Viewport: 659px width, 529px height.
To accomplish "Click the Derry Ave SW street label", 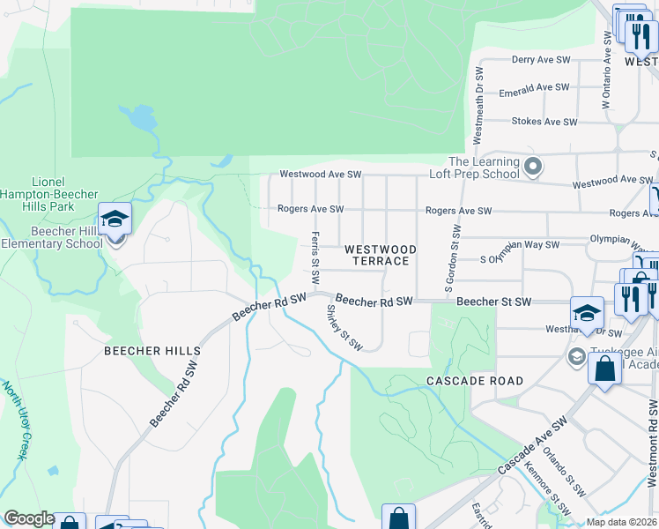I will tap(542, 61).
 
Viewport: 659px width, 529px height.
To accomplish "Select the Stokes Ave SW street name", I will tap(544, 122).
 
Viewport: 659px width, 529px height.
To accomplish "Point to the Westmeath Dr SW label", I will tap(478, 106).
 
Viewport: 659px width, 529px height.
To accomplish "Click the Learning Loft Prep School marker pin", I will tap(532, 167).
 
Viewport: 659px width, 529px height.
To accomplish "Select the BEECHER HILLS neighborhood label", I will tap(152, 351).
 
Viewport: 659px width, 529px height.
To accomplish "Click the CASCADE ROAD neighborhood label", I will tap(475, 381).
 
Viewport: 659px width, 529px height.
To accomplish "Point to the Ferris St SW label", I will tap(315, 257).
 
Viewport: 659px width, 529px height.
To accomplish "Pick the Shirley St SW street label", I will tap(344, 328).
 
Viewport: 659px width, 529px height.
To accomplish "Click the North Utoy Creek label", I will tap(12, 420).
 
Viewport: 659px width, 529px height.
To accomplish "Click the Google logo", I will tap(28, 518).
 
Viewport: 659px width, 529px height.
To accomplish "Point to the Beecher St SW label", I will tap(494, 302).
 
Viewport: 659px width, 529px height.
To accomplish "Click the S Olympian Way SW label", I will tap(520, 259).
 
